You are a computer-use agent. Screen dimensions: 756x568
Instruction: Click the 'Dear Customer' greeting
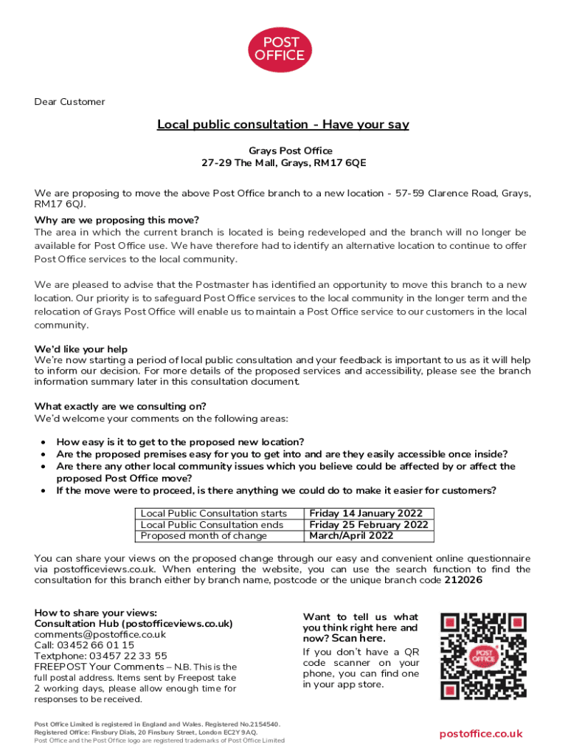(x=69, y=102)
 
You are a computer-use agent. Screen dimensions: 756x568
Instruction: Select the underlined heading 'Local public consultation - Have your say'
(x=283, y=125)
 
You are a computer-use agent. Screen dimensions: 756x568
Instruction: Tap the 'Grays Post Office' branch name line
(x=284, y=151)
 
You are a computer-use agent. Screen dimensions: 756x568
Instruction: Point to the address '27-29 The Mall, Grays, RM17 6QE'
(x=284, y=162)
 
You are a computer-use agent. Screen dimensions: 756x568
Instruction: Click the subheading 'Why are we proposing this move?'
(x=117, y=220)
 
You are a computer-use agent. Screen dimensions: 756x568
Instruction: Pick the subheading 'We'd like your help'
(x=81, y=349)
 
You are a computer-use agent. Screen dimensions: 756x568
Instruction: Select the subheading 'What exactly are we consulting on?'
(x=120, y=406)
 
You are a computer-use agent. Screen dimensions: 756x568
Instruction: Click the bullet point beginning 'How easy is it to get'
(x=180, y=441)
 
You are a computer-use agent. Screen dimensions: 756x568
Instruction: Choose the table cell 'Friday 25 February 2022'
(x=369, y=525)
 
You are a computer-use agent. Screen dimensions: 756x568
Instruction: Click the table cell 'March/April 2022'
(x=351, y=536)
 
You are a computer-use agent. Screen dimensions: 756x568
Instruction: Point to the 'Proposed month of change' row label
(x=204, y=536)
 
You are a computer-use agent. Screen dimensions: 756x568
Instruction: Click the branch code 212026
(x=463, y=580)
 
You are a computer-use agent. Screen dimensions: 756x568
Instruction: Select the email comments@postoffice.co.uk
(x=100, y=634)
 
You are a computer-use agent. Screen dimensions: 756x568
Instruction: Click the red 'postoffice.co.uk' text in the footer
(x=481, y=734)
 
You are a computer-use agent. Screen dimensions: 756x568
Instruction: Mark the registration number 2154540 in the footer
(x=260, y=724)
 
